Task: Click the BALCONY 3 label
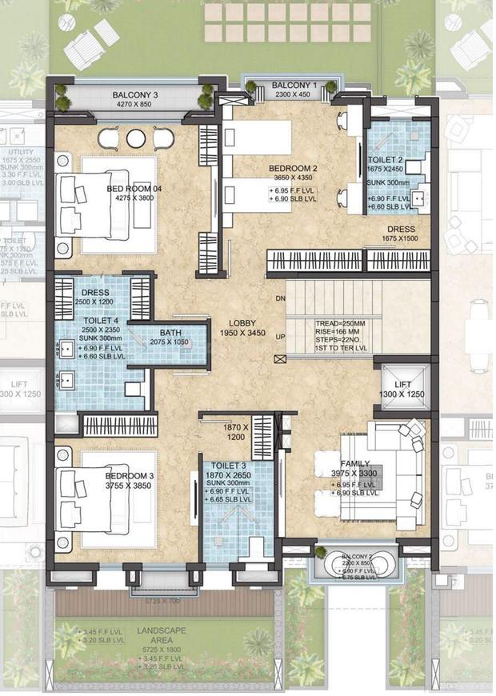pos(135,93)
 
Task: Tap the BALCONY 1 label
pos(294,85)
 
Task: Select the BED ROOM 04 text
pos(134,189)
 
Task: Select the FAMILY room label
pos(355,463)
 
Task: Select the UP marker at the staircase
pos(280,336)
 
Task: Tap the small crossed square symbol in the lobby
pos(278,359)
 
